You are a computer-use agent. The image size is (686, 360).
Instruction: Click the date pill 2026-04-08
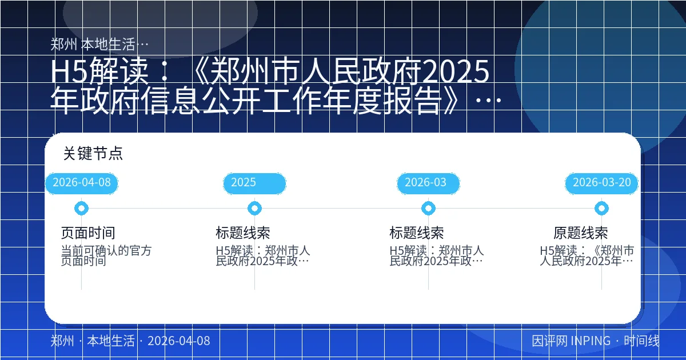(81, 183)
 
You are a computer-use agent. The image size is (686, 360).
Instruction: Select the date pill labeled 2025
(254, 183)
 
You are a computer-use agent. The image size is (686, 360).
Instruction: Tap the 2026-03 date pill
(428, 183)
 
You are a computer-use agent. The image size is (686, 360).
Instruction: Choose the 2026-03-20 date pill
(601, 183)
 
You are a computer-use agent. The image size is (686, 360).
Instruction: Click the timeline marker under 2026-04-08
(81, 209)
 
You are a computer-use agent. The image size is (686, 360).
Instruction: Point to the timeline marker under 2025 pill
(255, 209)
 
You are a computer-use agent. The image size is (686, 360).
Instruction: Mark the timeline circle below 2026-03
(428, 209)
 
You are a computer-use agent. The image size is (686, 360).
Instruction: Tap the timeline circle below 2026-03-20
(601, 209)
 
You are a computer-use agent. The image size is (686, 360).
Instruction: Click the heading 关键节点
(93, 154)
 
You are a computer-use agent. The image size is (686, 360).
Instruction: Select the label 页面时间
(88, 233)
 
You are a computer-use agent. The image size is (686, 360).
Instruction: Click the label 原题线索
(580, 233)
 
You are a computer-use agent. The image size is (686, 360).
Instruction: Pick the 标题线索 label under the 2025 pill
(243, 233)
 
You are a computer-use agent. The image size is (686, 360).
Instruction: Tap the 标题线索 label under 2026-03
(417, 233)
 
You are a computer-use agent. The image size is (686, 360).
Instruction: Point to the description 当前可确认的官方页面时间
(106, 256)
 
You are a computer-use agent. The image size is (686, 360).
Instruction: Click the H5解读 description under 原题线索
(587, 256)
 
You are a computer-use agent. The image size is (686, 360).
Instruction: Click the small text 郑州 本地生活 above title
(100, 44)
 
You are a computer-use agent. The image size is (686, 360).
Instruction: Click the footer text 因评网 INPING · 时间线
(595, 341)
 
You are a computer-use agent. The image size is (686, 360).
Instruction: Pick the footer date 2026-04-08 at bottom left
(178, 341)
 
